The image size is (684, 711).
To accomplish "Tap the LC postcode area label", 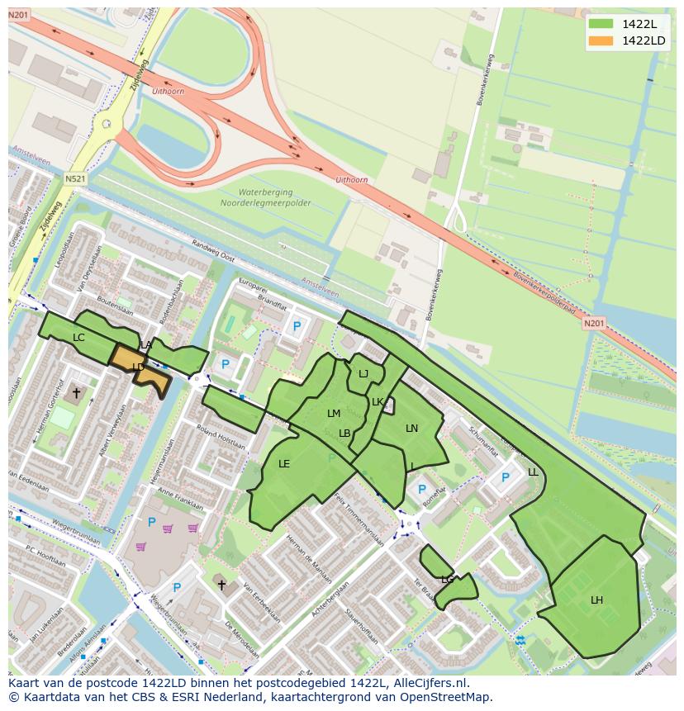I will click(78, 338).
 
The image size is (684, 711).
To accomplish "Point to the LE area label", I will click(284, 464).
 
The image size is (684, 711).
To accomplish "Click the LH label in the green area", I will click(596, 600).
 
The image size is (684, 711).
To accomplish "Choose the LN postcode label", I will click(411, 428).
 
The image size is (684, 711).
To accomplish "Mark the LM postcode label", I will click(334, 414).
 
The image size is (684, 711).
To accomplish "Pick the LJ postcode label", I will click(363, 374).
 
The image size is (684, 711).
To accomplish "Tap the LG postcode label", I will click(447, 580).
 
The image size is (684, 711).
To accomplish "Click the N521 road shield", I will click(75, 178).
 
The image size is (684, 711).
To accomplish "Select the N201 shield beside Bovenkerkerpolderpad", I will click(592, 324).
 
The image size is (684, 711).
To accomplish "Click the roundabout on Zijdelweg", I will click(106, 125).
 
